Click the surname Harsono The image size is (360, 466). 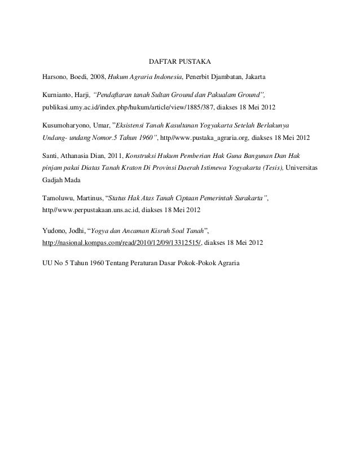[56, 76]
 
